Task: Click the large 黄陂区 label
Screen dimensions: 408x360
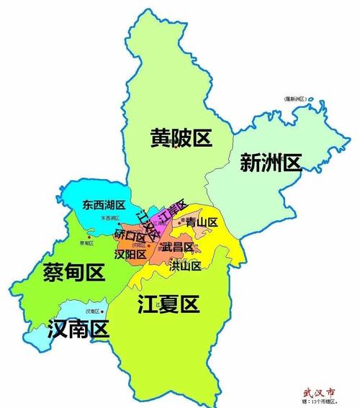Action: [181, 138]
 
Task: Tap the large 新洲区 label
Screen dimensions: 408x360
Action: [269, 163]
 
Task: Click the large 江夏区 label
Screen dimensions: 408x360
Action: [167, 305]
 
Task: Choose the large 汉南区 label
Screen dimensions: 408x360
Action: [77, 330]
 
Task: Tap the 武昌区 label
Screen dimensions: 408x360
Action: [177, 247]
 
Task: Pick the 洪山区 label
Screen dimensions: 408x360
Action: [185, 266]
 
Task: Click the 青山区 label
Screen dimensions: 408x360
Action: [202, 223]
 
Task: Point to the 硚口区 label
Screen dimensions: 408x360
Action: [130, 235]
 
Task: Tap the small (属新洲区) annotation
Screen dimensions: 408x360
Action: [295, 98]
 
